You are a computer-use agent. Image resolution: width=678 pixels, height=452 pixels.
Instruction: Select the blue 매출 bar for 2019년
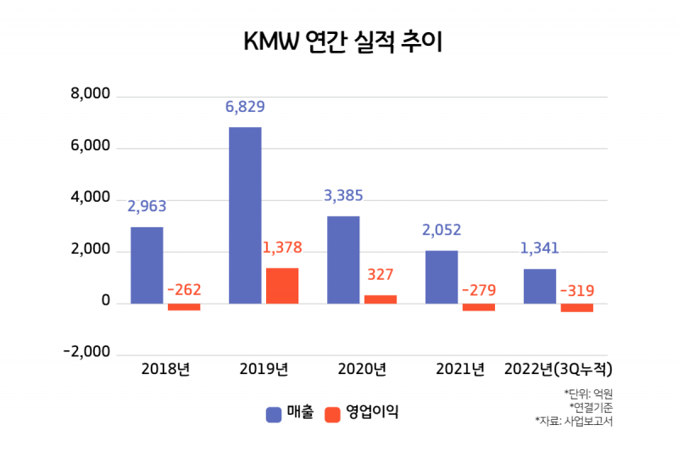click(245, 215)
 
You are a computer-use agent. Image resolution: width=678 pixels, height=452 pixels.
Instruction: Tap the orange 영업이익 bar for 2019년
click(282, 286)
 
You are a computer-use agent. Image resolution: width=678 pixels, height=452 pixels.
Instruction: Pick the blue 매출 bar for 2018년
click(147, 265)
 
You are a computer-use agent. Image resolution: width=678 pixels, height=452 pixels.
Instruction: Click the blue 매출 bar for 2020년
click(343, 259)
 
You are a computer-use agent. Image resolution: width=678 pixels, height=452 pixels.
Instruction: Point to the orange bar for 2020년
click(381, 299)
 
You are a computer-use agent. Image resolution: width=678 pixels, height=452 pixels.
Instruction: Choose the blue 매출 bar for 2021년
click(442, 276)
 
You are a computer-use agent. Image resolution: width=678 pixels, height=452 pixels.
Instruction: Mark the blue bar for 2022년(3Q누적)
click(540, 286)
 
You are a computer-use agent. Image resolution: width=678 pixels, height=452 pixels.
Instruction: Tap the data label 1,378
click(281, 248)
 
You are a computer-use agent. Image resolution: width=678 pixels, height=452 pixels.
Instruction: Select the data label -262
click(184, 290)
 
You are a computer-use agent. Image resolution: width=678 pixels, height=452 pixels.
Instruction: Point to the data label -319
click(577, 291)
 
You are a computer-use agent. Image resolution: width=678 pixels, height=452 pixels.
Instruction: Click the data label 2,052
click(442, 230)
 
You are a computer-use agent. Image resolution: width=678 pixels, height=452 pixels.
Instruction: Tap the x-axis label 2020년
click(362, 369)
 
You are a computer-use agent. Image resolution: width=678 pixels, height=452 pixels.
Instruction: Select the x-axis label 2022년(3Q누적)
click(558, 369)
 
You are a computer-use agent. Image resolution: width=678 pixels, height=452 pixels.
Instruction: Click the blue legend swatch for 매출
click(274, 414)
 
